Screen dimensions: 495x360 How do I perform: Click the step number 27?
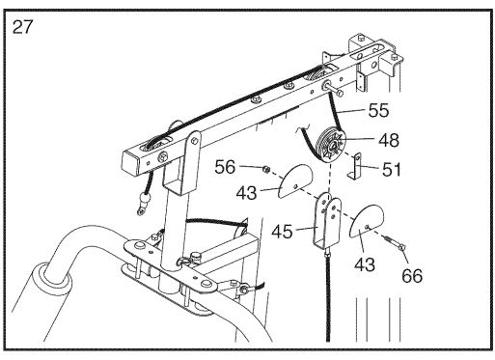coord(22,27)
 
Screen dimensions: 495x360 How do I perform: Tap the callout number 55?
coord(378,110)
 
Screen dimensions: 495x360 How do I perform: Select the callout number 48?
coord(389,140)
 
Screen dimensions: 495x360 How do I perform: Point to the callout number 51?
coord(391,170)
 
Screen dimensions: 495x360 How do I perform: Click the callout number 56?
coord(225,167)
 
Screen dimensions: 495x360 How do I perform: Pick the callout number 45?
coord(282,232)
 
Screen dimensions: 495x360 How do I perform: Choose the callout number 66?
coord(412,276)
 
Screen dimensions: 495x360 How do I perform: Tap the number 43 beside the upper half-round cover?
coord(246,193)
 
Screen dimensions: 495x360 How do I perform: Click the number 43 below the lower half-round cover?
coord(365,264)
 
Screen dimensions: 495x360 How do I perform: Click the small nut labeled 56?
coord(266,168)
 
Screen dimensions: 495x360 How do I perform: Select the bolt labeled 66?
coord(394,243)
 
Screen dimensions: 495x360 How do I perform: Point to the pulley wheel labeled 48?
coord(331,145)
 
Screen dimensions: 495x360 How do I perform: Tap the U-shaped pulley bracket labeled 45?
coord(327,222)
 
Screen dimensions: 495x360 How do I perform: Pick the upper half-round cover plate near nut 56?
coord(295,180)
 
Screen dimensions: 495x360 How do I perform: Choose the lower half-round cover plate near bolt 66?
coord(367,221)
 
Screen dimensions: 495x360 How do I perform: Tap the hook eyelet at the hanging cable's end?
coord(140,210)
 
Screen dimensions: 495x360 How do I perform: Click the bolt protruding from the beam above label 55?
coord(333,89)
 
